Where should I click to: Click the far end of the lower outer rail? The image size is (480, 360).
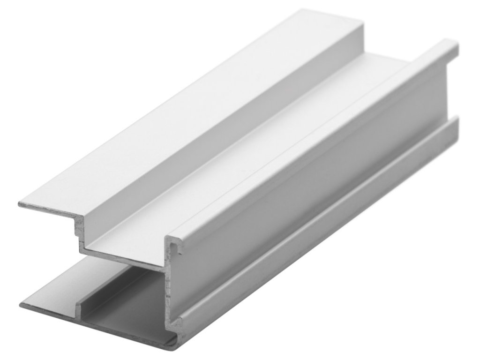(455, 123)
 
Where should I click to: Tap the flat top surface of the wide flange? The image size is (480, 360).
(187, 122)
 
